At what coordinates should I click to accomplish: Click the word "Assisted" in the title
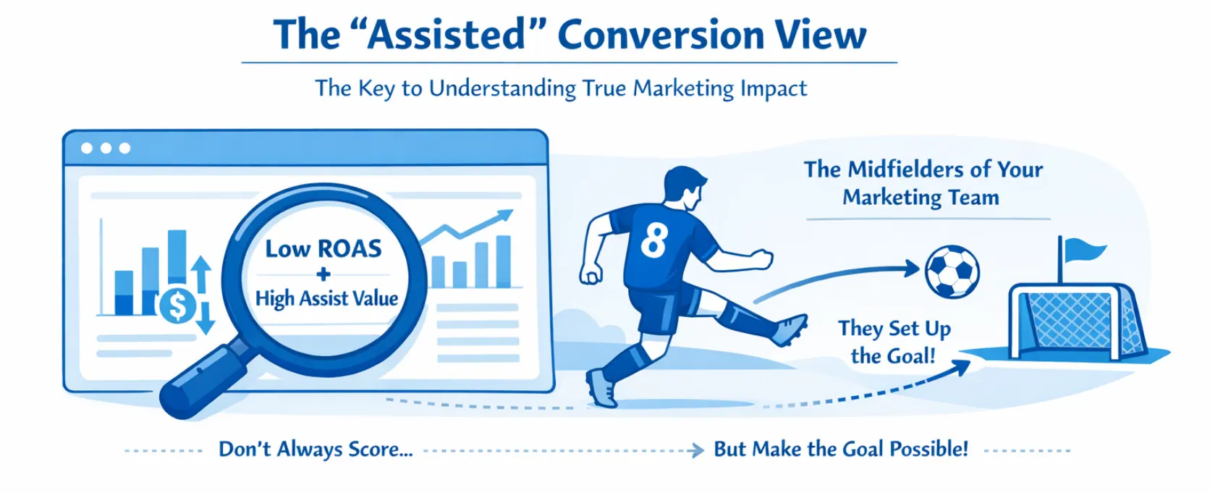(x=447, y=35)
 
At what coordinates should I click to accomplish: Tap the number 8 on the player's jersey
(x=654, y=240)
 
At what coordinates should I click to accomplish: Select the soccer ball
(x=952, y=272)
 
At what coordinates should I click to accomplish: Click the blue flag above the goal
(x=1083, y=251)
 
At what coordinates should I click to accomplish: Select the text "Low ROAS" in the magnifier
(x=323, y=249)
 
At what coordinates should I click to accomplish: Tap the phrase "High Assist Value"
(x=326, y=298)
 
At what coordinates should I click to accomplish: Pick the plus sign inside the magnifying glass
(x=323, y=274)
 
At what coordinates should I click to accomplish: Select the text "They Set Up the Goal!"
(x=894, y=342)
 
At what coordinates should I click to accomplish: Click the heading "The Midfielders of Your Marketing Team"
(x=923, y=183)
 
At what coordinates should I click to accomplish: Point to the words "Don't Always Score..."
(x=316, y=450)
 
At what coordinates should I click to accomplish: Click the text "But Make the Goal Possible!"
(x=840, y=450)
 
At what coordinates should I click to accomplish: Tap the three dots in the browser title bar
(x=106, y=148)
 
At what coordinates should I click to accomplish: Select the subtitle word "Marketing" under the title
(x=683, y=88)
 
